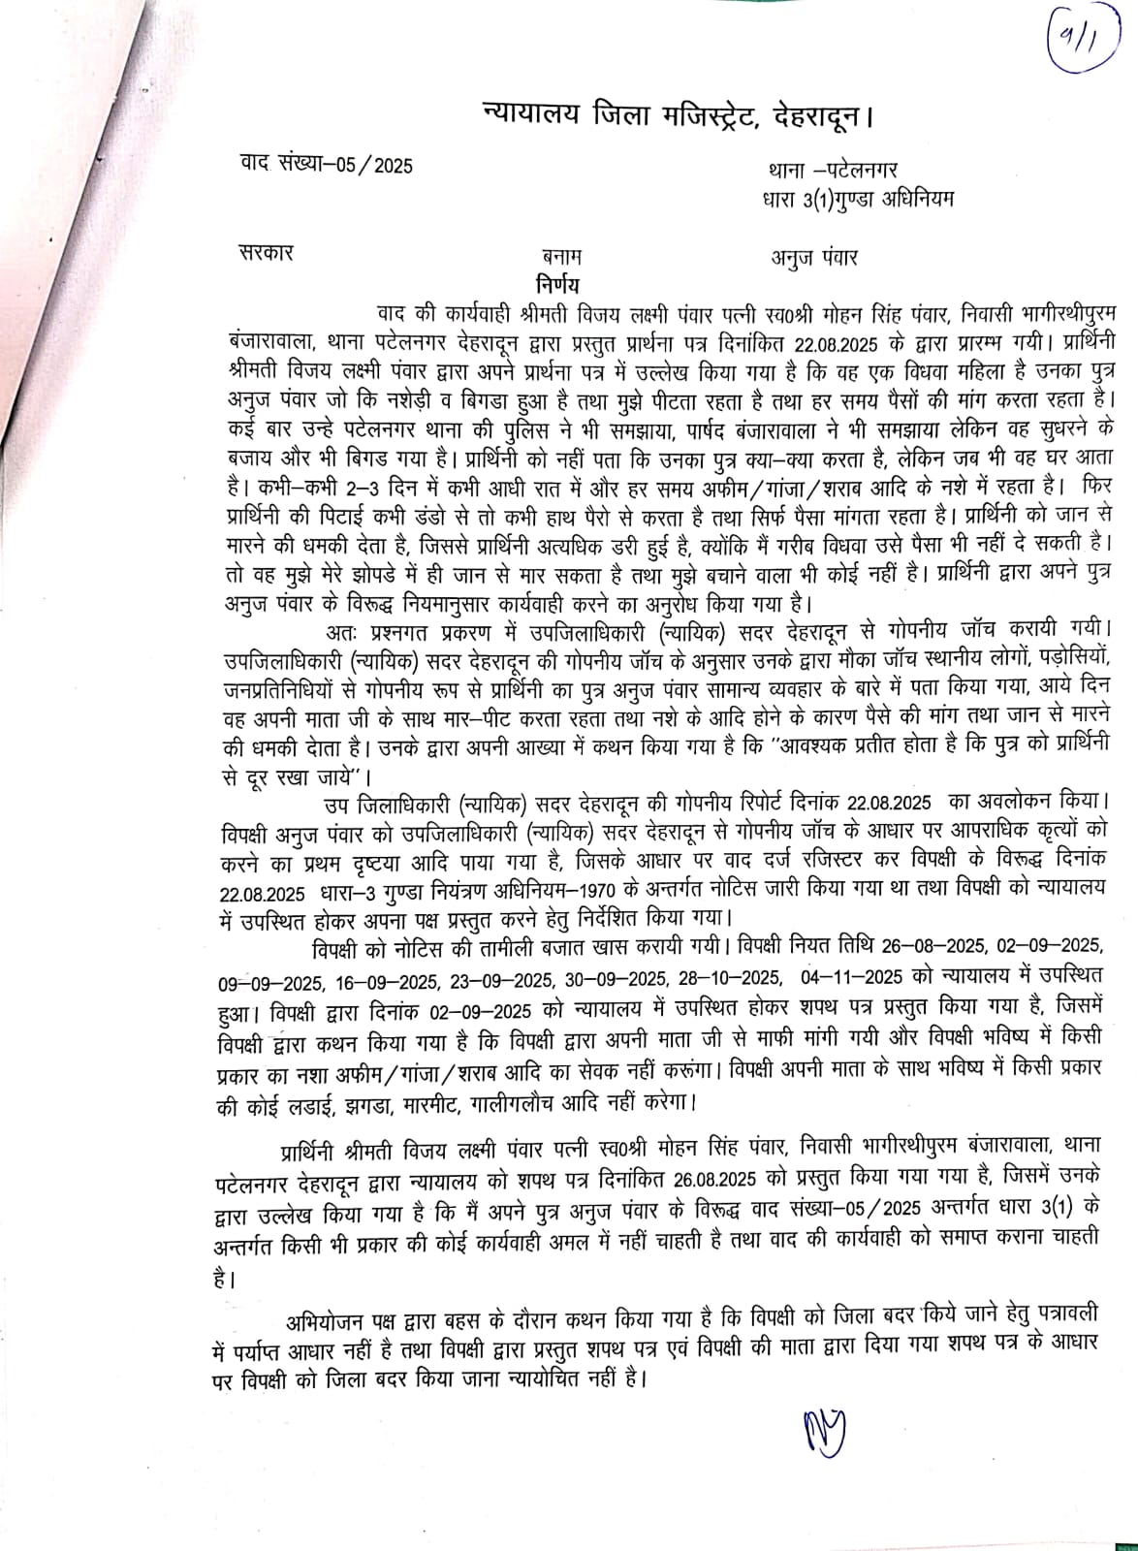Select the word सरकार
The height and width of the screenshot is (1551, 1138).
(x=266, y=254)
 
